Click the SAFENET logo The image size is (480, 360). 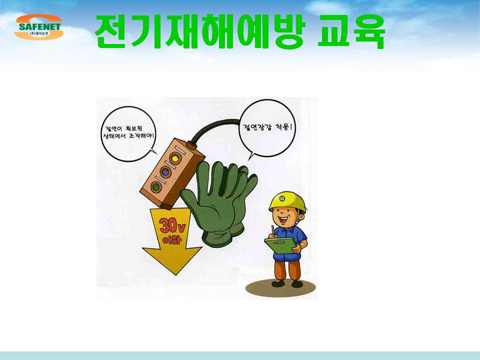click(x=39, y=27)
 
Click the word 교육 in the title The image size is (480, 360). click(x=351, y=31)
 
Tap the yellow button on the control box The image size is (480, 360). click(x=175, y=158)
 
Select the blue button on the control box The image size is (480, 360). click(x=165, y=172)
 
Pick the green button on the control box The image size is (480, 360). click(x=156, y=186)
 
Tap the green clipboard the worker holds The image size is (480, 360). click(x=281, y=245)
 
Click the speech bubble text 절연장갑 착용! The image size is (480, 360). click(x=265, y=127)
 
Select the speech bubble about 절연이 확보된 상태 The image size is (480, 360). click(x=128, y=134)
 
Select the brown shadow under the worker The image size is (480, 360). click(x=280, y=288)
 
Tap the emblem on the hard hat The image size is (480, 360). click(x=282, y=198)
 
